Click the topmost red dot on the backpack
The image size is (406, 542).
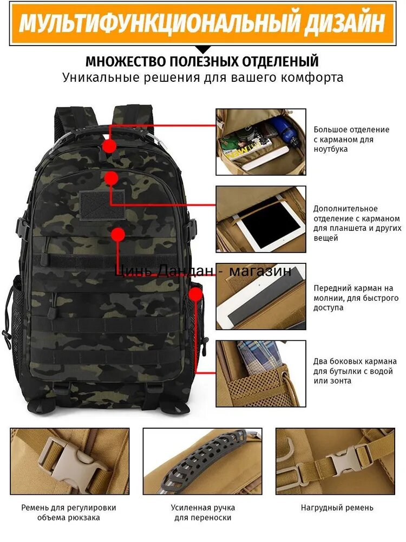click(110, 145)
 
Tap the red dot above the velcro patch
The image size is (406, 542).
click(111, 178)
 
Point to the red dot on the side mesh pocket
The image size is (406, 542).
click(196, 294)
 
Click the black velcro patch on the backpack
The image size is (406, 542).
click(102, 205)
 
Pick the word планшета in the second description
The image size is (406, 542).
click(346, 229)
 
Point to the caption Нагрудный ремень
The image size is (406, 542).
click(337, 508)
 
